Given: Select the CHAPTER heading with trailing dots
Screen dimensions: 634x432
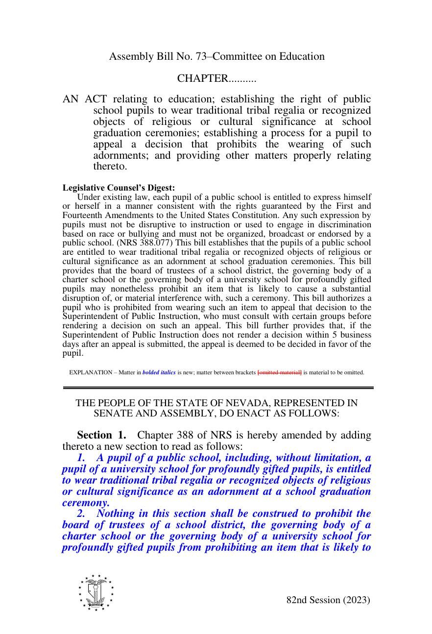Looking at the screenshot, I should [x=216, y=79].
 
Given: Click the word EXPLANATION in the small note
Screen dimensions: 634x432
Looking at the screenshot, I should [x=91, y=372].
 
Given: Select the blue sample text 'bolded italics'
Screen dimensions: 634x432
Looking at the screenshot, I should [x=159, y=372].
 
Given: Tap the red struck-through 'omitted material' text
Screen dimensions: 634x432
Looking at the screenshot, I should [x=280, y=372].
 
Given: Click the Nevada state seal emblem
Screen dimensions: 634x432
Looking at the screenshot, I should [x=96, y=592].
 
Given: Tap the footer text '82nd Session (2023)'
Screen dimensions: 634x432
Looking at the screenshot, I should [x=328, y=600].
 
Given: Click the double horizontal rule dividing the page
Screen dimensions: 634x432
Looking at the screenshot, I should [x=217, y=388].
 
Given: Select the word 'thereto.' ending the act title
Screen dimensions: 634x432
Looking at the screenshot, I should [x=110, y=167].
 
